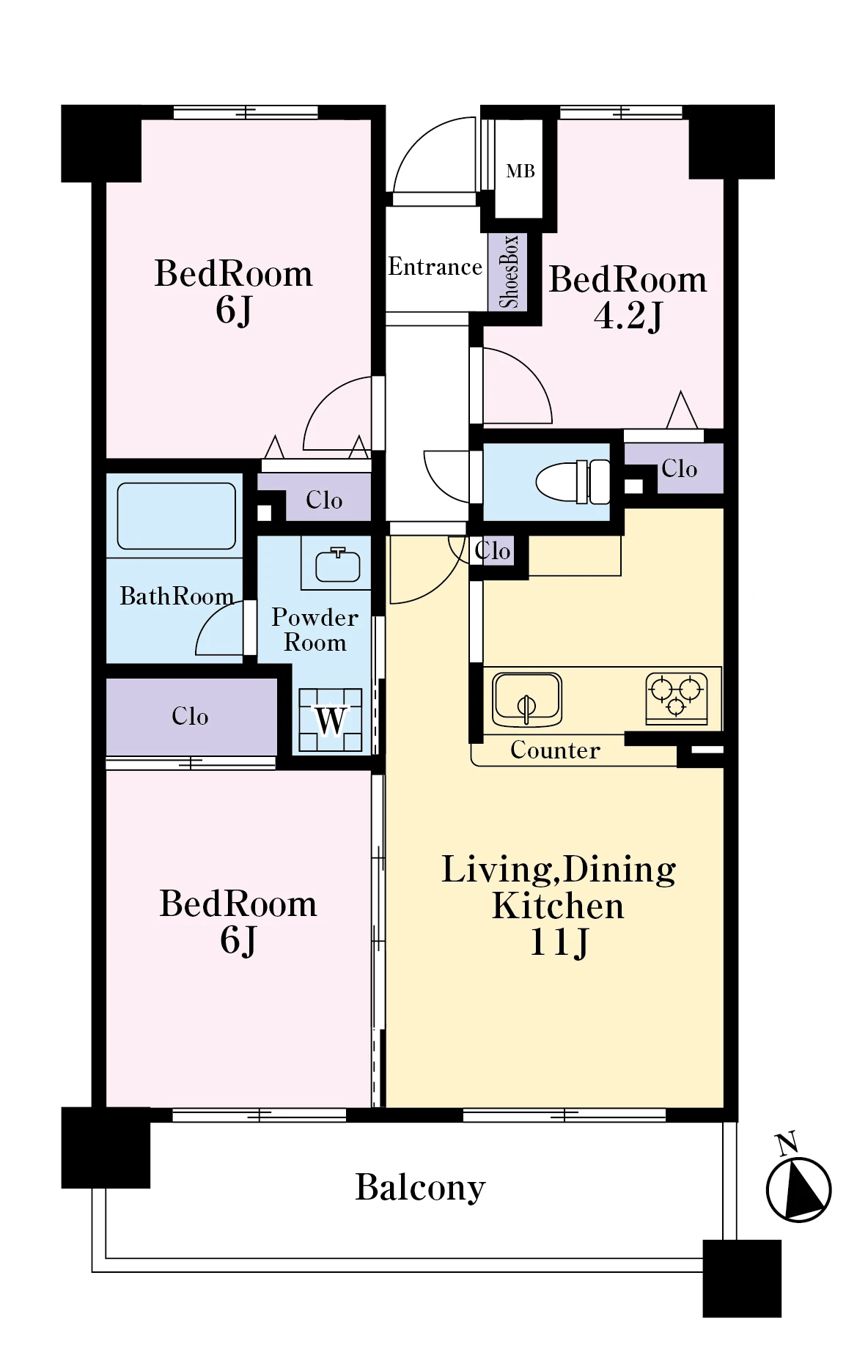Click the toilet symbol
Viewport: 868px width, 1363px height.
573,481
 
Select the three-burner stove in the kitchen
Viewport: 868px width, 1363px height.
677,696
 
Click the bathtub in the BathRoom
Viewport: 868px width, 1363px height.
176,515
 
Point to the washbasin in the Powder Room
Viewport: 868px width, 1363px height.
337,564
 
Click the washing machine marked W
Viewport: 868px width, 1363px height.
330,720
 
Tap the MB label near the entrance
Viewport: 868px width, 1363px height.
521,171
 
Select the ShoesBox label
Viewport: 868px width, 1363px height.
509,271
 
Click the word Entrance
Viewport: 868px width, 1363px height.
435,266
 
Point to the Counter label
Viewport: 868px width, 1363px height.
555,750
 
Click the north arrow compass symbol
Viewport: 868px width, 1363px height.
798,1189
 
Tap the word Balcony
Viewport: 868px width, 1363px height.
420,1188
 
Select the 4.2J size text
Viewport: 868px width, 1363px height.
628,316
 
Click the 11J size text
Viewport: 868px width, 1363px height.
559,942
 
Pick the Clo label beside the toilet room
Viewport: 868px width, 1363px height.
679,468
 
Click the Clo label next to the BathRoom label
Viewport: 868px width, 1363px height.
324,500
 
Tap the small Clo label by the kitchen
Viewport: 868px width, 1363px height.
492,550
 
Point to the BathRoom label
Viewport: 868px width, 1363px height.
177,596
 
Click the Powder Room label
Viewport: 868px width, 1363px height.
315,629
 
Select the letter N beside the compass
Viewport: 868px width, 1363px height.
787,1144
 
